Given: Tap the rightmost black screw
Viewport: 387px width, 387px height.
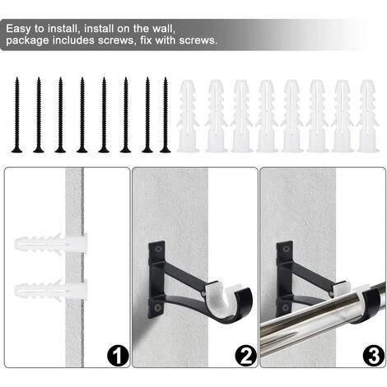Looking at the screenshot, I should tap(166, 115).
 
